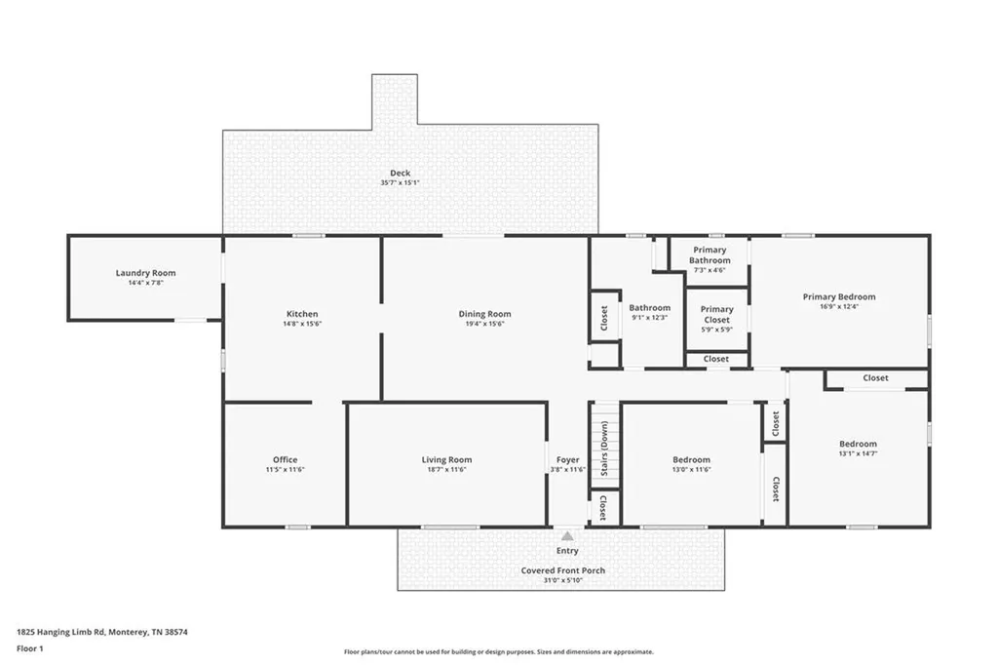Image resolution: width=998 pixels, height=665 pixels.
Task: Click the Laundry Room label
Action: [146, 273]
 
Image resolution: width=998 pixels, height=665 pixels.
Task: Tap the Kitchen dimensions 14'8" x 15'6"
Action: [302, 324]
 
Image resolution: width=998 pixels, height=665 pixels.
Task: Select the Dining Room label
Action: [485, 313]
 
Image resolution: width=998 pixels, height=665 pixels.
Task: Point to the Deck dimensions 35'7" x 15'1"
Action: [400, 182]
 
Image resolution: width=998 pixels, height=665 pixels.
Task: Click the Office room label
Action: [286, 459]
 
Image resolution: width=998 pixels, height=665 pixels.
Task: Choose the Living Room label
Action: [446, 459]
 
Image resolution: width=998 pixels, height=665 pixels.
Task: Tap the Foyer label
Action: [568, 459]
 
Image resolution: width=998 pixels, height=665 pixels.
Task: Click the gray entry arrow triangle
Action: [567, 535]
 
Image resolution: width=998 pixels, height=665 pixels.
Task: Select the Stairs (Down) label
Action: [604, 449]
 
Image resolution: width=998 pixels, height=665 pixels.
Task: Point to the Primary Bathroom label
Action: [710, 254]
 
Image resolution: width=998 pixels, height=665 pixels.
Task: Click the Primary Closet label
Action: [716, 314]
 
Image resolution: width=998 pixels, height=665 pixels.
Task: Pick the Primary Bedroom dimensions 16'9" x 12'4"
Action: [839, 306]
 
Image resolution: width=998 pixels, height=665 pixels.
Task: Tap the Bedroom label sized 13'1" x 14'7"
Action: [858, 444]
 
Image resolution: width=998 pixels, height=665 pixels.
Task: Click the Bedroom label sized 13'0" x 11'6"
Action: [691, 459]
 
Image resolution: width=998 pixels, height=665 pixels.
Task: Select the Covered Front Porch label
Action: [563, 570]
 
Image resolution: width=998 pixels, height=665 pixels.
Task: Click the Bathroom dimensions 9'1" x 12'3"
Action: [649, 317]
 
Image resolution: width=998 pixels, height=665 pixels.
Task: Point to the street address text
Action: [101, 632]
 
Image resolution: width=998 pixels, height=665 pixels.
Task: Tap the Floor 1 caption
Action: [30, 648]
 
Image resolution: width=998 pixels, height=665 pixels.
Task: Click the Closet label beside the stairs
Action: [602, 508]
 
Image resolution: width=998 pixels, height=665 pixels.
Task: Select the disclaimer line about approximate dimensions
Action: [499, 651]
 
